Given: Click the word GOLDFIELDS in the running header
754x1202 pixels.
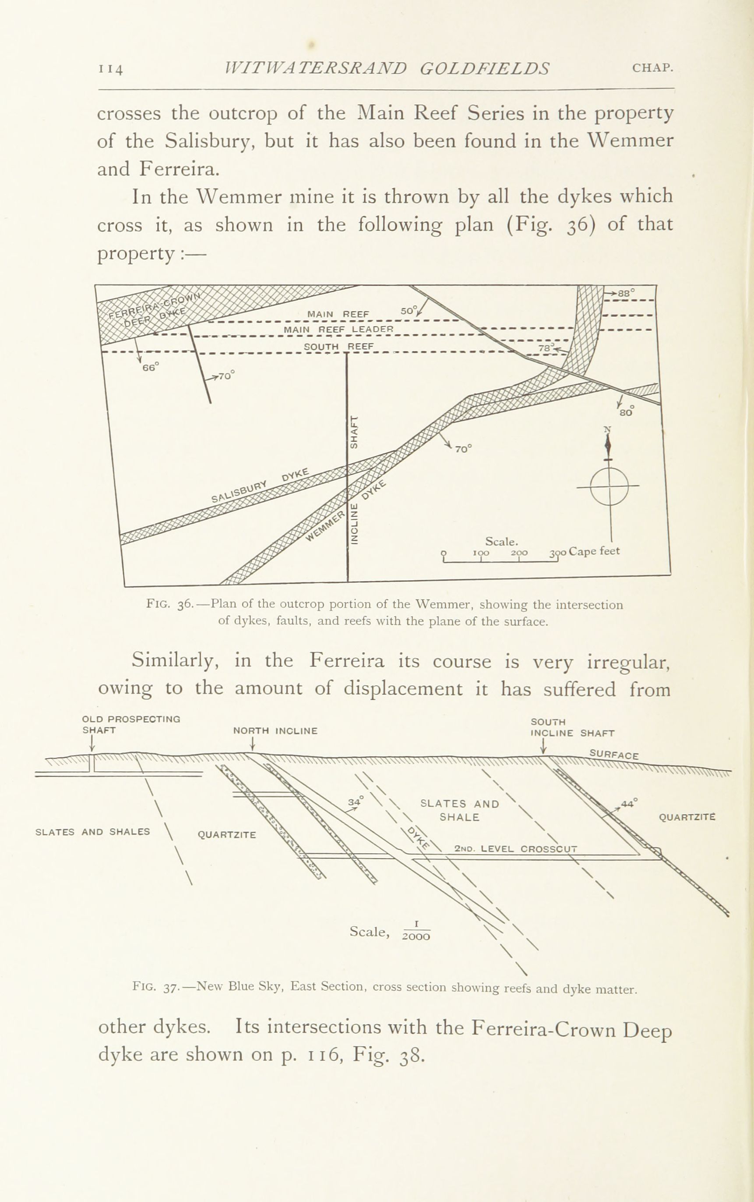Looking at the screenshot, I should click(x=484, y=68).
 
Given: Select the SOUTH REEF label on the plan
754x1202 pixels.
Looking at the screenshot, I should click(x=338, y=346).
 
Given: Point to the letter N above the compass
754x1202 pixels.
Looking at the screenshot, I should click(x=607, y=429).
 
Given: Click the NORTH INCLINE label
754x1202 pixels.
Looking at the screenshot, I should click(x=275, y=731).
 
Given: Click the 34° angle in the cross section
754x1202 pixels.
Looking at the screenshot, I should click(x=356, y=802).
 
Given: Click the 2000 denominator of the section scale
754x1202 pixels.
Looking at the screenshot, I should click(x=416, y=936).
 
